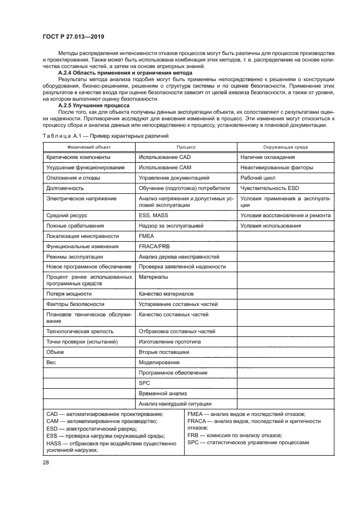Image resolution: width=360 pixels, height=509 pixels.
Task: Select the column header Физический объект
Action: click(x=89, y=147)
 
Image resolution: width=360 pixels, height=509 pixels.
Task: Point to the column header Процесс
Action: click(x=186, y=147)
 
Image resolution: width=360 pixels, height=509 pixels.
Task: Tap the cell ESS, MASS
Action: click(x=154, y=216)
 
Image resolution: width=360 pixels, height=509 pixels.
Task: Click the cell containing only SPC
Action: click(x=144, y=383)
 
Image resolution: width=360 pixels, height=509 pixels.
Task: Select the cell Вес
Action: click(x=52, y=362)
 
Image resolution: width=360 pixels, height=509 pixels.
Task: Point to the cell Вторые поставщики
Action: click(x=164, y=352)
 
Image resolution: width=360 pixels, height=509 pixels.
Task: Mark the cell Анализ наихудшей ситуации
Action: click(x=175, y=403)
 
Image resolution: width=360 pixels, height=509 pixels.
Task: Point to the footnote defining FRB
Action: click(x=235, y=436)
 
